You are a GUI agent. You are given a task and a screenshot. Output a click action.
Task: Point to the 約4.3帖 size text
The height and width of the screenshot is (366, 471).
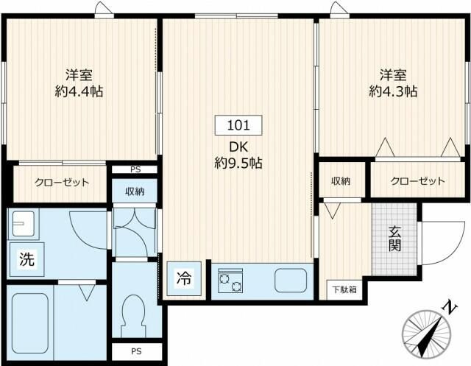pyautogui.click(x=393, y=92)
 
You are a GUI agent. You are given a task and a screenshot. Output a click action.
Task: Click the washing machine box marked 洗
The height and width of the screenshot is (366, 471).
pyautogui.click(x=26, y=259)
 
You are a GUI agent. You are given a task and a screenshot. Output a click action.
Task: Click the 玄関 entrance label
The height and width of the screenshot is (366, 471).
pyautogui.click(x=395, y=237)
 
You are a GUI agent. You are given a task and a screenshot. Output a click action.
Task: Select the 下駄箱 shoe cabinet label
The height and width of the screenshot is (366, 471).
pyautogui.click(x=343, y=289)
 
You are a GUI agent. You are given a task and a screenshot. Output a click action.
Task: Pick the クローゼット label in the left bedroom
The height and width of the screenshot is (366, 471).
pyautogui.click(x=62, y=182)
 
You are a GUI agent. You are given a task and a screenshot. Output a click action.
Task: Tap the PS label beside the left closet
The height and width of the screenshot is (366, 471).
pyautogui.click(x=135, y=169)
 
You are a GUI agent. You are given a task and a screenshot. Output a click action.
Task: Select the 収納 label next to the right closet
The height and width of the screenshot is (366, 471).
pyautogui.click(x=339, y=180)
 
